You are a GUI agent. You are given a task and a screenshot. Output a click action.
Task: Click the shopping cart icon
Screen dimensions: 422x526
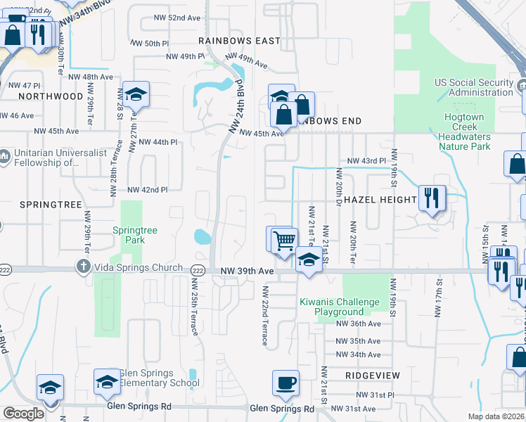pos(284,241)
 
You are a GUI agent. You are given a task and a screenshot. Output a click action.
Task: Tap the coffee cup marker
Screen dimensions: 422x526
pos(286,383)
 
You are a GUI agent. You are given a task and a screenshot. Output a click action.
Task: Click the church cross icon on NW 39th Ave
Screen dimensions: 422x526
pos(83,267)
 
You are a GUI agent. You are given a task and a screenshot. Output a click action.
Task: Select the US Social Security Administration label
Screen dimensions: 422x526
pos(475,87)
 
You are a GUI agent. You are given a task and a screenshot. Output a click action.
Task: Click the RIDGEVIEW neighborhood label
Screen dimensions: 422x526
pos(373,376)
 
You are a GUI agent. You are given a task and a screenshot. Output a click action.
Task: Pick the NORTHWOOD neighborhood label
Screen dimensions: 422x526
pos(51,96)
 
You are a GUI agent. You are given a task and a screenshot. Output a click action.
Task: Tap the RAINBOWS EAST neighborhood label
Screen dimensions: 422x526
pos(239,41)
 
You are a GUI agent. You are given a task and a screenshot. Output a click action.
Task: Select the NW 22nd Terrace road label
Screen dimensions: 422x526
pos(265,315)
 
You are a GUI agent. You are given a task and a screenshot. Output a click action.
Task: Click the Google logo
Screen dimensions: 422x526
pos(23,413)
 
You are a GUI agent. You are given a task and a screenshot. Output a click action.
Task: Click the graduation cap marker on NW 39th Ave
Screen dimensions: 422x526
pos(309,260)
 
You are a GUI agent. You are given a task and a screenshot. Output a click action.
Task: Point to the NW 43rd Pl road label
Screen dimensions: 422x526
pos(363,160)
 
